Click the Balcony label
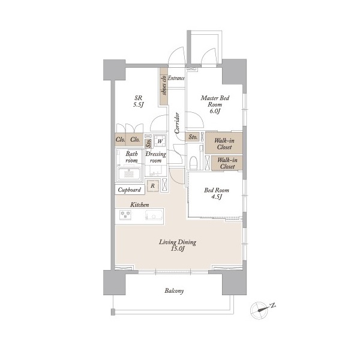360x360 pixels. pyautogui.click(x=174, y=291)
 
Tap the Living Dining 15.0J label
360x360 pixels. pyautogui.click(x=178, y=245)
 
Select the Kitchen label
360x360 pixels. pyautogui.click(x=140, y=205)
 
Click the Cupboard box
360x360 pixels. pyautogui.click(x=130, y=190)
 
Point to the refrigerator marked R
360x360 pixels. pyautogui.click(x=152, y=186)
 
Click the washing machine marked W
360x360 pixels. pyautogui.click(x=160, y=141)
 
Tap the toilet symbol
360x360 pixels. pyautogui.click(x=194, y=162)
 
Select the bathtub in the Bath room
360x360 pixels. pyautogui.click(x=129, y=175)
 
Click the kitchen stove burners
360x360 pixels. pyautogui.click(x=125, y=215)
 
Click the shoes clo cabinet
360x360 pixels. pyautogui.click(x=164, y=86)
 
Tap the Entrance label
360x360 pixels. pyautogui.click(x=176, y=78)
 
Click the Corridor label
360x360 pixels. pyautogui.click(x=177, y=123)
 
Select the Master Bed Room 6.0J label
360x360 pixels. pyautogui.click(x=215, y=104)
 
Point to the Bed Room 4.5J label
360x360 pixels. pyautogui.click(x=217, y=193)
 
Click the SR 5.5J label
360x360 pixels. pyautogui.click(x=138, y=102)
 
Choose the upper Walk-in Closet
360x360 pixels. pyautogui.click(x=224, y=143)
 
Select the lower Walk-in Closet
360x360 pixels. pyautogui.click(x=227, y=163)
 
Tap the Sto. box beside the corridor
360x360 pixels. pyautogui.click(x=193, y=137)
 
